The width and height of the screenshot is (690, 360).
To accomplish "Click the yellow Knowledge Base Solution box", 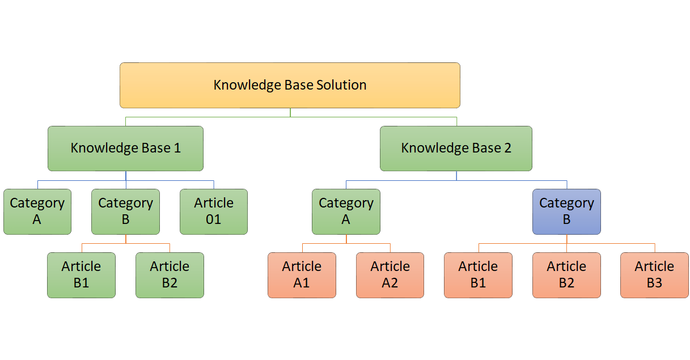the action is click(x=290, y=85).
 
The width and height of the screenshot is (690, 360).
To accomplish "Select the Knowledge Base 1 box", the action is click(x=125, y=149).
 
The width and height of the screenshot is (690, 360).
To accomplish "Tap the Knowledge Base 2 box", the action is click(x=456, y=149).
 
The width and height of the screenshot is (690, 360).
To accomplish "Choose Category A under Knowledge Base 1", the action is click(x=37, y=211).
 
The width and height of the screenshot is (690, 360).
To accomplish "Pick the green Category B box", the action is click(x=125, y=211).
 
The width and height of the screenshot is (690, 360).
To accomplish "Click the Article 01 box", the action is click(x=214, y=211).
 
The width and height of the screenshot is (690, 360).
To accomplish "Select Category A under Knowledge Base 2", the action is click(x=346, y=211).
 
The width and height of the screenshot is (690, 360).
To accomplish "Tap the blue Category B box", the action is click(x=566, y=211).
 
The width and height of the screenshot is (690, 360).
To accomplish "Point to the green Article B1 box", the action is click(x=81, y=275).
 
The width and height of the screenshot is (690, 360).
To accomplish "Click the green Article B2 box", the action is click(x=170, y=275).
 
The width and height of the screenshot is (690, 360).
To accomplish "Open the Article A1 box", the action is click(x=302, y=275).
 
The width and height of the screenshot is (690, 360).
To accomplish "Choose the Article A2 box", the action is click(x=390, y=275).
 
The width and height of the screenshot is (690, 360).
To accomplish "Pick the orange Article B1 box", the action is click(x=478, y=275).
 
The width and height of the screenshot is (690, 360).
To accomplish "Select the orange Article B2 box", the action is click(x=566, y=275).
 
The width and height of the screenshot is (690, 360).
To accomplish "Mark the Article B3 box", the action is click(x=654, y=275).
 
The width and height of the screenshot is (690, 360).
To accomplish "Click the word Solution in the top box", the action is click(x=341, y=85).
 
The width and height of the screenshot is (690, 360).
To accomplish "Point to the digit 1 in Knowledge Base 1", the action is click(x=177, y=148).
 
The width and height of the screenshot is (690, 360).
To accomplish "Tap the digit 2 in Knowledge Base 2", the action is click(x=507, y=148).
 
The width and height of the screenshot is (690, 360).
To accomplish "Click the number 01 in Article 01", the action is click(x=214, y=219).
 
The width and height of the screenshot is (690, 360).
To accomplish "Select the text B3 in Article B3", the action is click(x=654, y=283).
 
